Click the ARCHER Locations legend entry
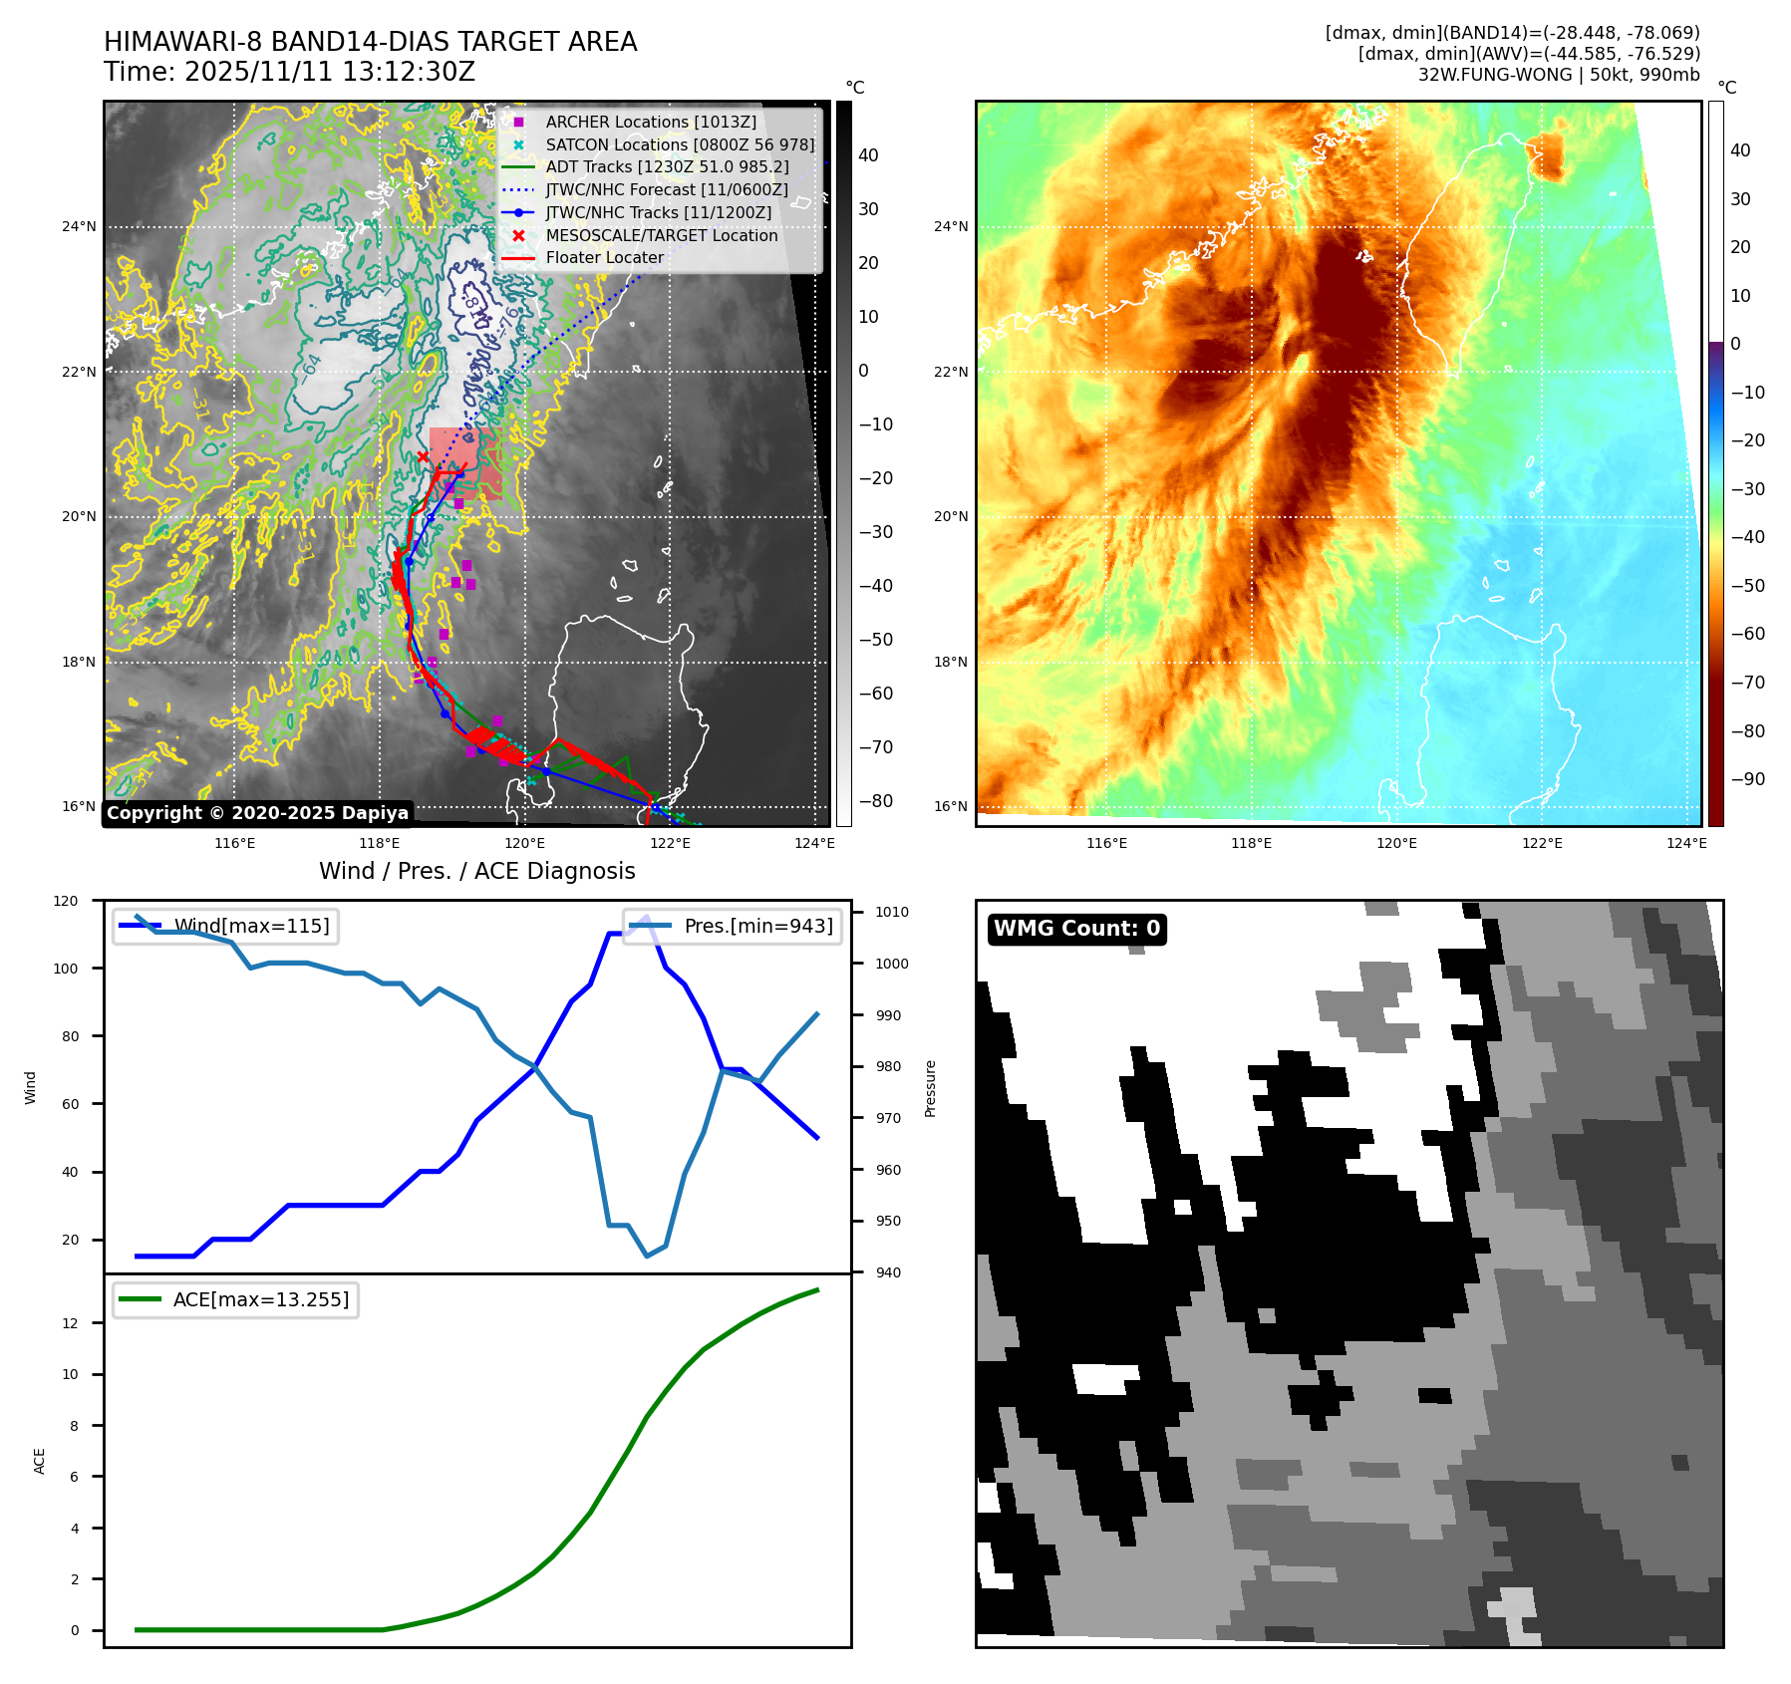point(650,122)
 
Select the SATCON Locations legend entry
point(679,144)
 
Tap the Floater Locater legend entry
point(604,257)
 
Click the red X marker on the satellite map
point(423,457)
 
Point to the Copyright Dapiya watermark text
point(257,813)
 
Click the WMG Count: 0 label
point(1076,929)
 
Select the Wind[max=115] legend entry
point(251,926)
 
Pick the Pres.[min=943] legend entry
point(757,926)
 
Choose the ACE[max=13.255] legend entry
point(260,1299)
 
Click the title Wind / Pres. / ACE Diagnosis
point(476,871)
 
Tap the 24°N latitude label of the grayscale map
point(80,227)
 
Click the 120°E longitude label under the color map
point(1396,844)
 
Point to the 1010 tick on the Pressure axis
point(892,912)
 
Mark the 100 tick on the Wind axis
point(66,969)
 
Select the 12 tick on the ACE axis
point(71,1323)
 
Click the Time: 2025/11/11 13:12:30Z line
point(289,73)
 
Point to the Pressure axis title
point(930,1088)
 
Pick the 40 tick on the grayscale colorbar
point(868,155)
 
